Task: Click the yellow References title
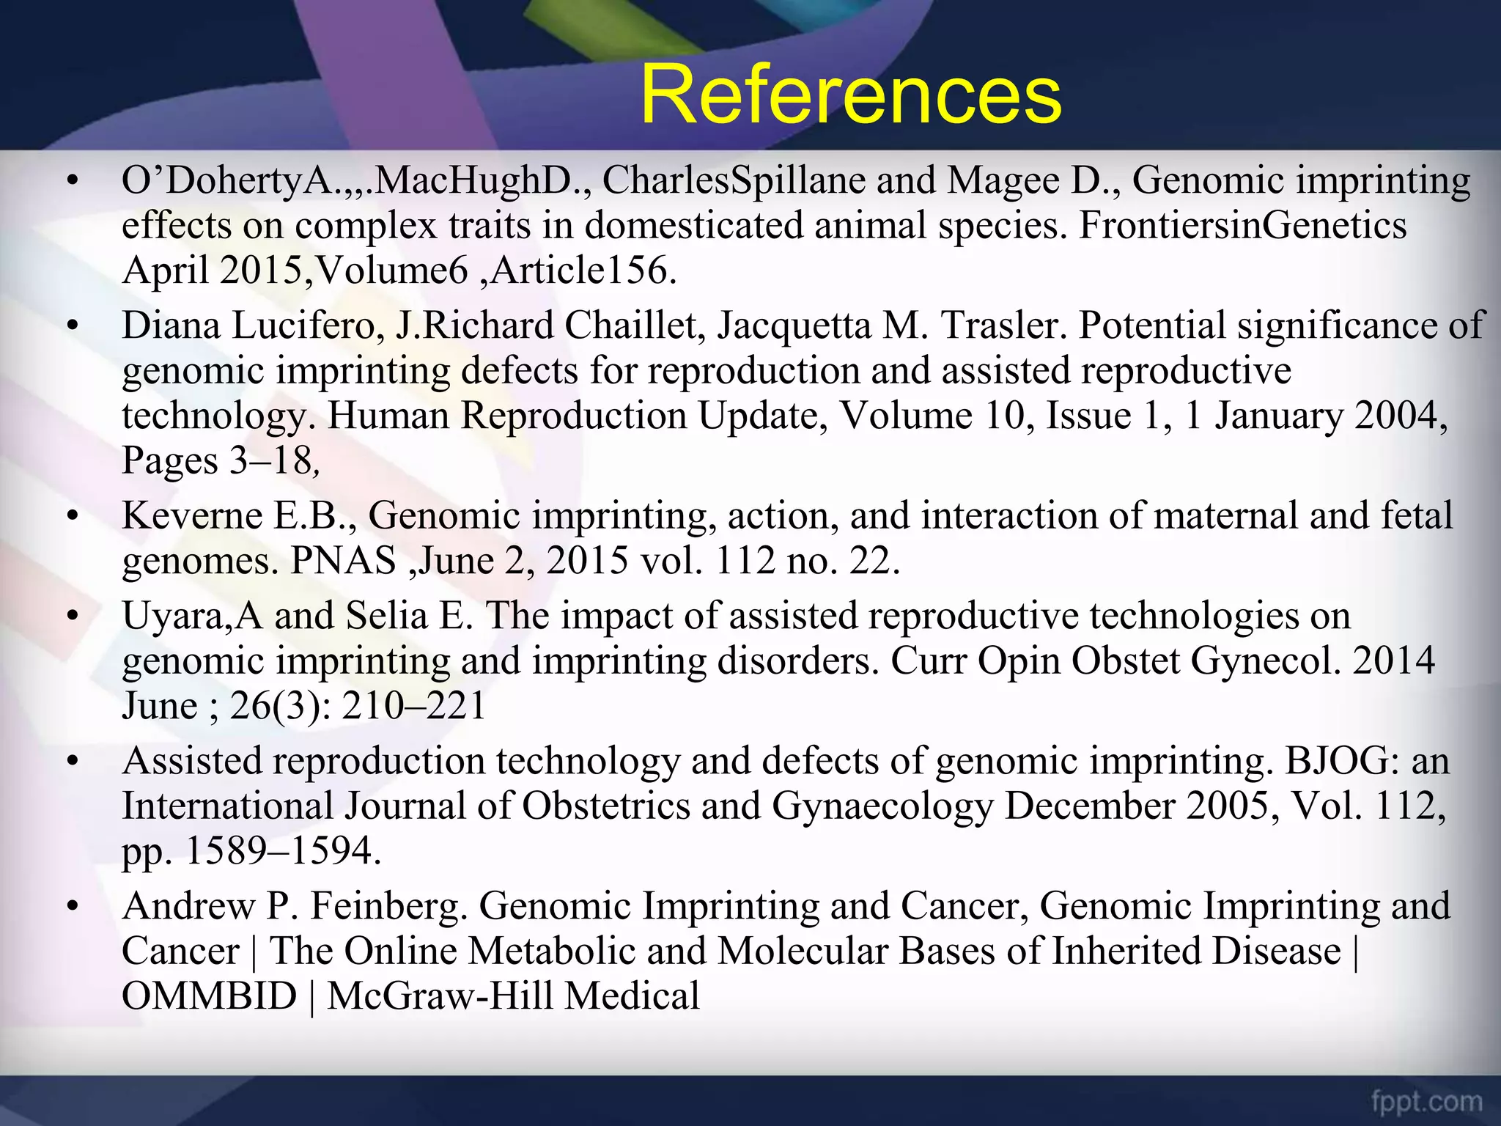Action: click(x=850, y=95)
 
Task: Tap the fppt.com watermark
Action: click(x=1426, y=1101)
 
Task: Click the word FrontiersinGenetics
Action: click(x=1242, y=225)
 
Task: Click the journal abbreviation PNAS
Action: click(x=343, y=562)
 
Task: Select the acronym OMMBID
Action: click(x=209, y=996)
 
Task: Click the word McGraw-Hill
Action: click(x=440, y=996)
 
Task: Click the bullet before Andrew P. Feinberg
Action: click(x=71, y=908)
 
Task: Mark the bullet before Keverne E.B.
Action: click(x=71, y=517)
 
